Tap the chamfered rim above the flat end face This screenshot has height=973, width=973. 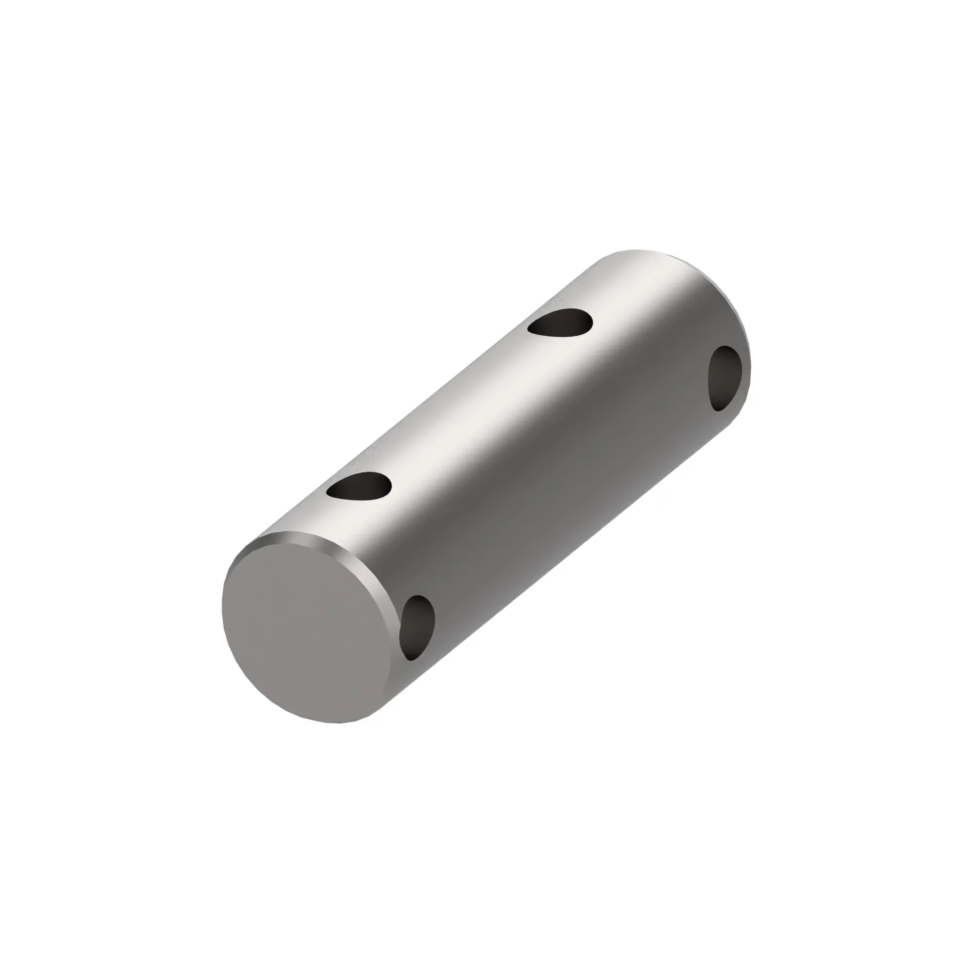323,542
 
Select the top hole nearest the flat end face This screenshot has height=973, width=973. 359,487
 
